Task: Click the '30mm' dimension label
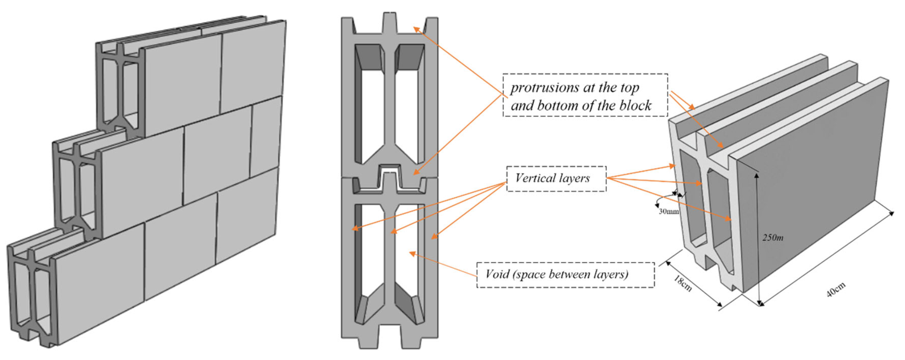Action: point(668,211)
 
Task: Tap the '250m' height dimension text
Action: point(772,237)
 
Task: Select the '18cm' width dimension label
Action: point(683,283)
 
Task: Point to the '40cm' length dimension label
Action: point(836,290)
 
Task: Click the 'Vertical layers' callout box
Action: point(556,179)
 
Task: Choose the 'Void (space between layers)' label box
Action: point(565,275)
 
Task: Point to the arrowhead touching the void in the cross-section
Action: point(412,253)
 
